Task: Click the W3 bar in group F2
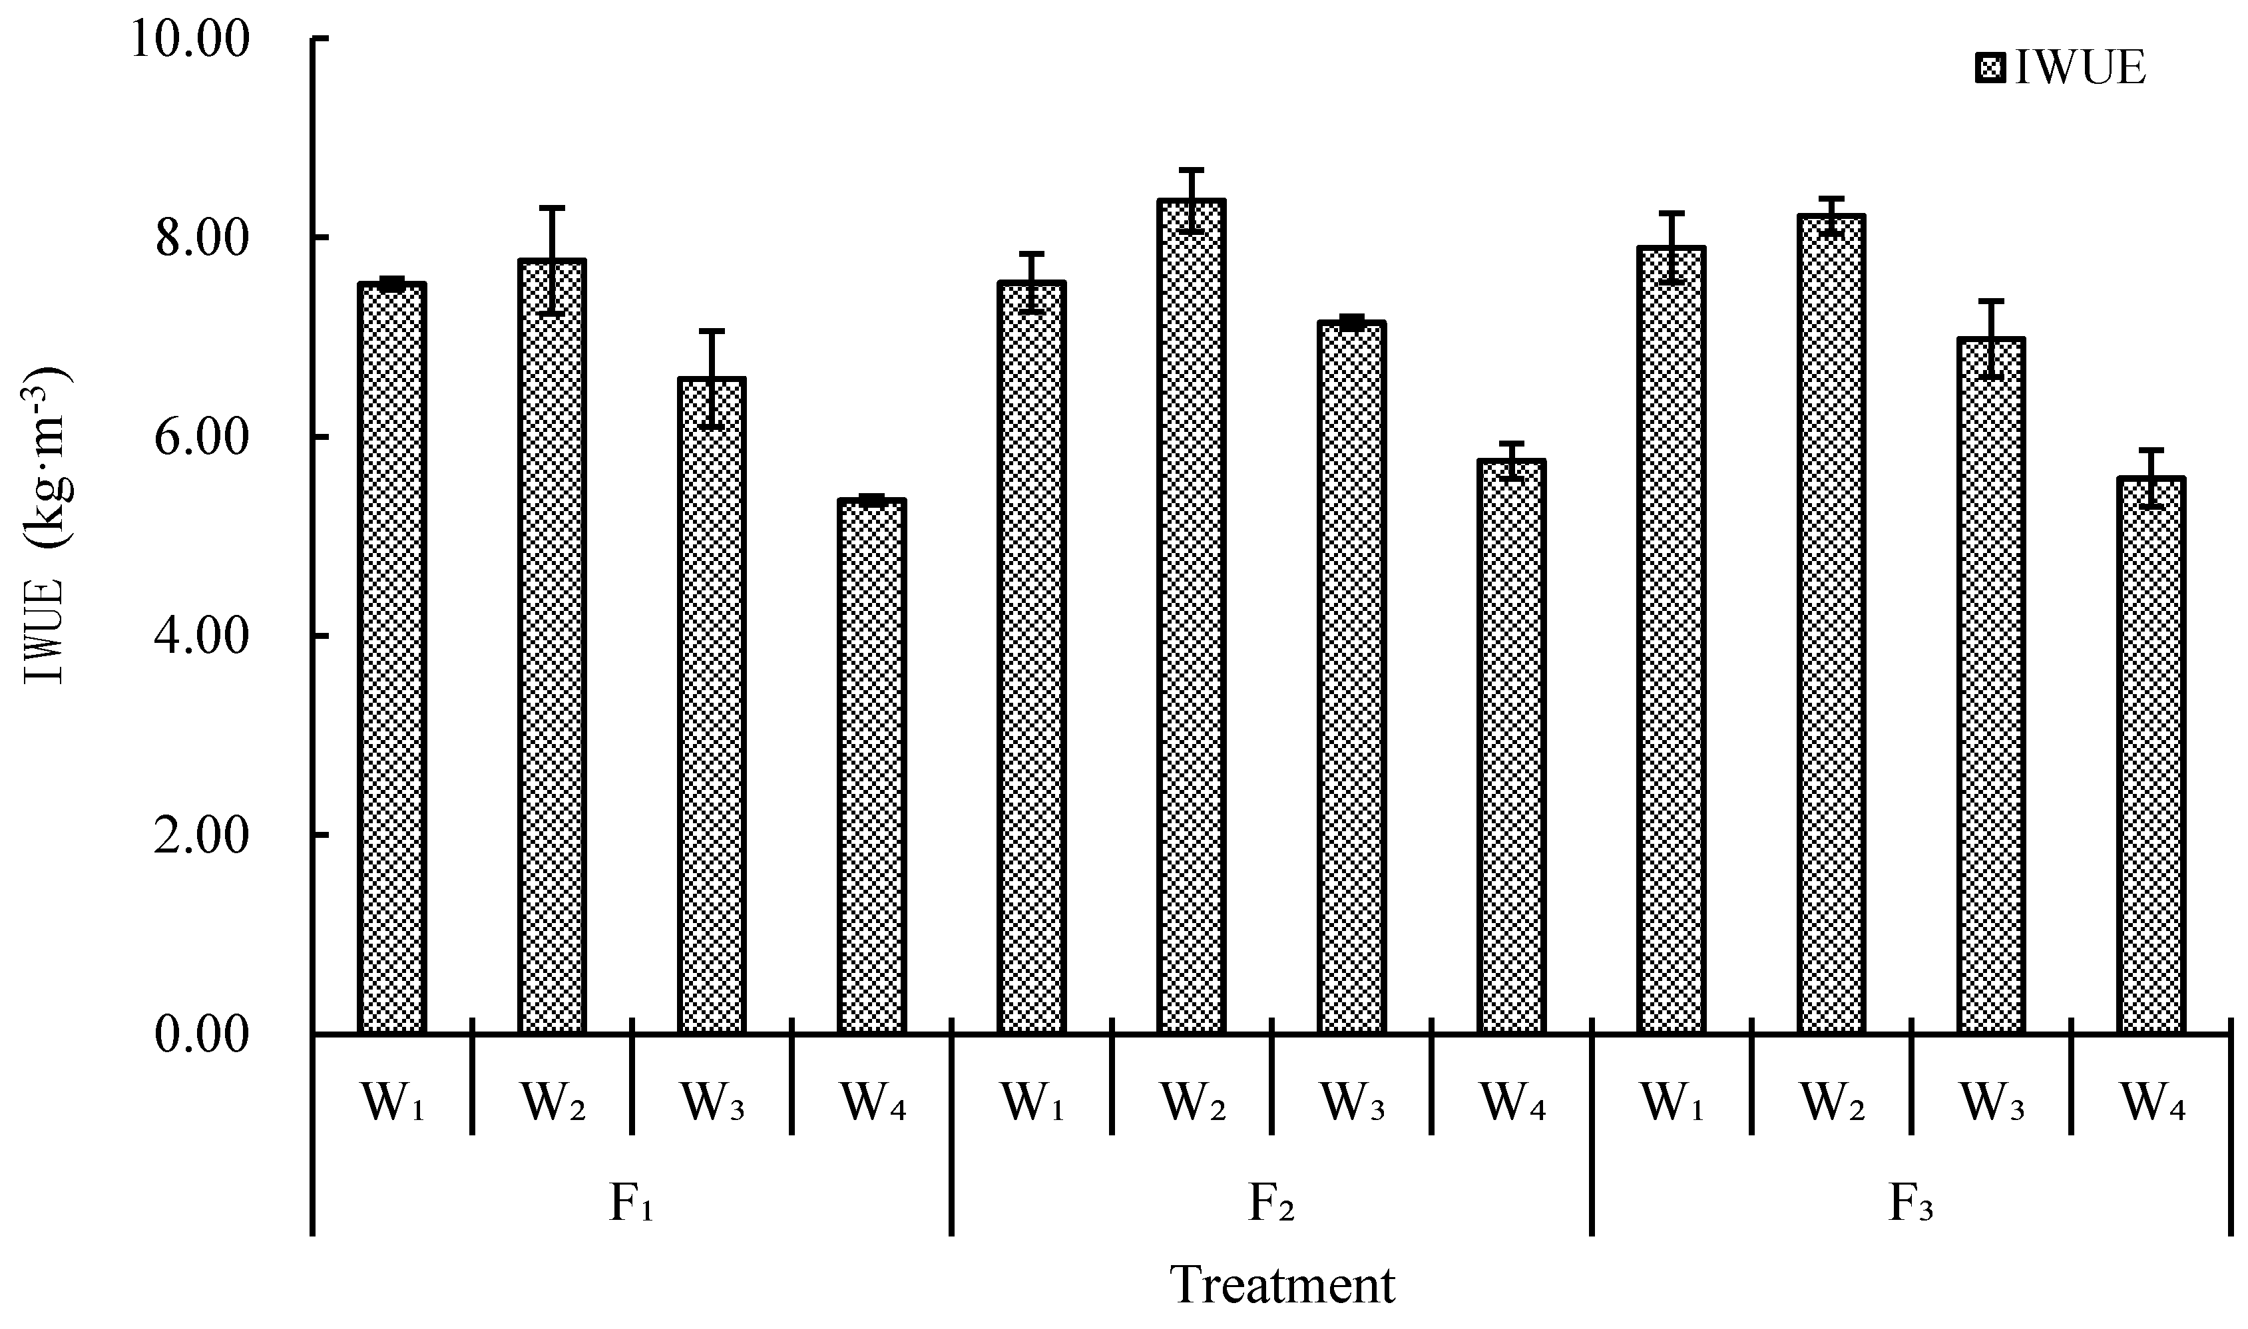click(1351, 679)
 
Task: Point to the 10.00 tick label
click(189, 41)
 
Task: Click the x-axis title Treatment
click(1283, 1286)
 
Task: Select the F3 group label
click(1911, 1204)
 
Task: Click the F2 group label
click(1271, 1204)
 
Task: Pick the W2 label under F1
click(553, 1103)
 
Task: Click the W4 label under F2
click(1512, 1103)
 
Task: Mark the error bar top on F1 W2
click(552, 208)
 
